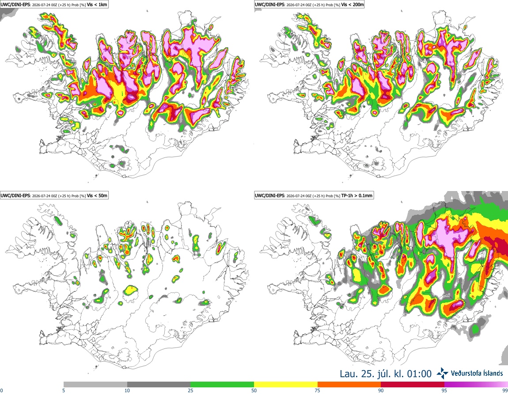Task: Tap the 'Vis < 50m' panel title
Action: [97, 195]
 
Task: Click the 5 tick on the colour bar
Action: [64, 390]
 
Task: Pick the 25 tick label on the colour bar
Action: [190, 390]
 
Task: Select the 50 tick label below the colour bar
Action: [254, 390]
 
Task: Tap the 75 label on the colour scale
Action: [318, 390]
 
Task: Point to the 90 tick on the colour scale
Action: [381, 390]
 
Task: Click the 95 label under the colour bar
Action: [444, 390]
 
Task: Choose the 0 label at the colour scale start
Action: [1, 390]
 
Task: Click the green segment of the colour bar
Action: [222, 385]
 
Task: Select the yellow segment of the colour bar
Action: [286, 385]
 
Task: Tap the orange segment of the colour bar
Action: [349, 385]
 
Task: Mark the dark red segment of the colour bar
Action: [413, 385]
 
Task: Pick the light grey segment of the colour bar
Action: [95, 385]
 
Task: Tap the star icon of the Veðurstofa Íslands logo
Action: [442, 374]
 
